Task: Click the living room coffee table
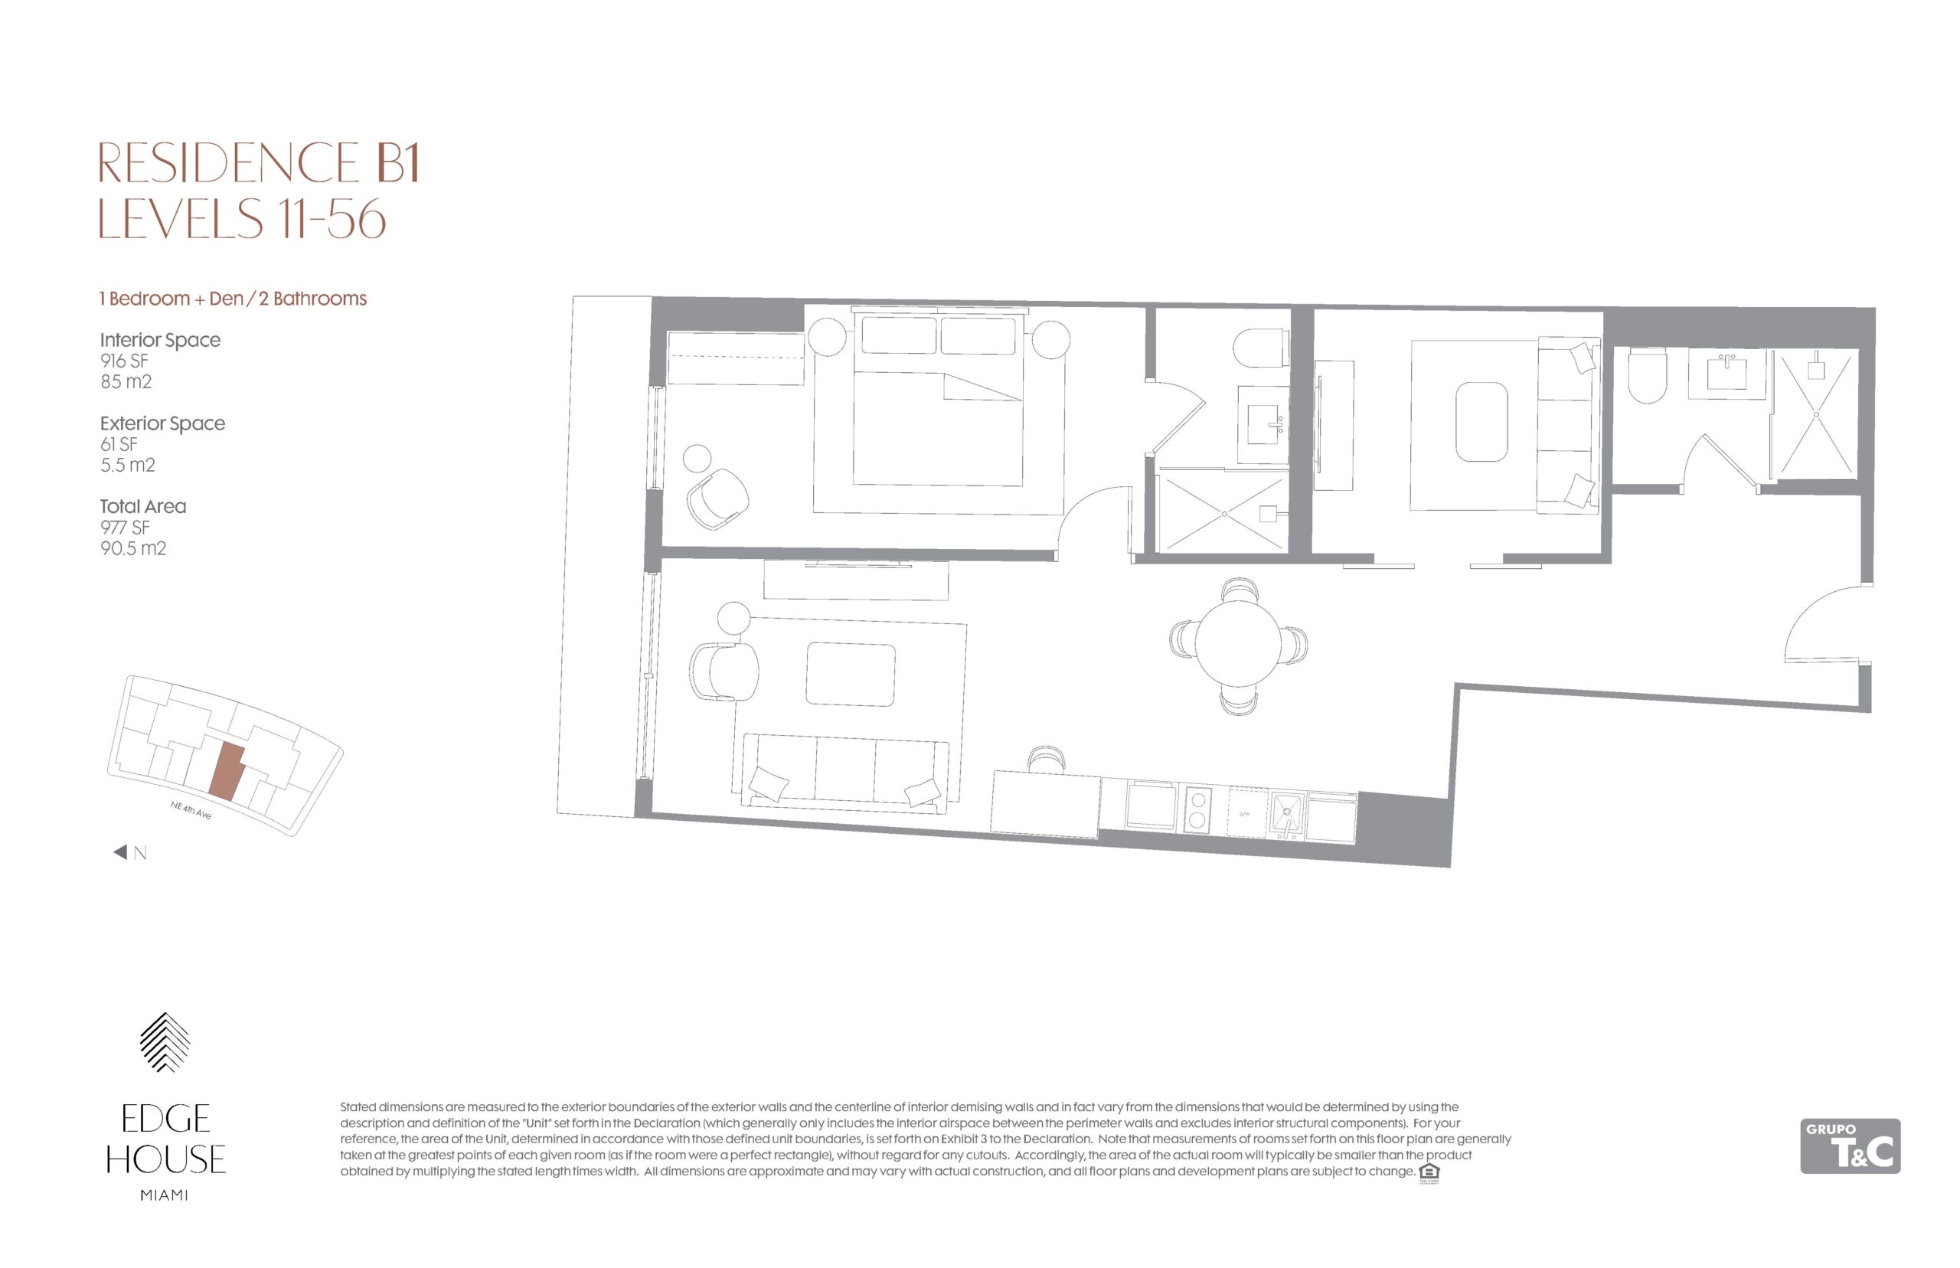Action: (x=851, y=675)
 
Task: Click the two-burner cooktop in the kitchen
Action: (x=1197, y=809)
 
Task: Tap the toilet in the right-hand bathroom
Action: (x=1646, y=374)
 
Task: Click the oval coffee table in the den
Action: (x=1481, y=423)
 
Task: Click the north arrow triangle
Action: (x=120, y=852)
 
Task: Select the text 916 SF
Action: (x=124, y=361)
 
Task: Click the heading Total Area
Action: (x=143, y=506)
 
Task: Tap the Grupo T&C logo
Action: (x=1850, y=1145)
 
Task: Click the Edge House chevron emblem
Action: (x=165, y=1041)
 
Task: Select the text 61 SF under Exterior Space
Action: (x=119, y=445)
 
